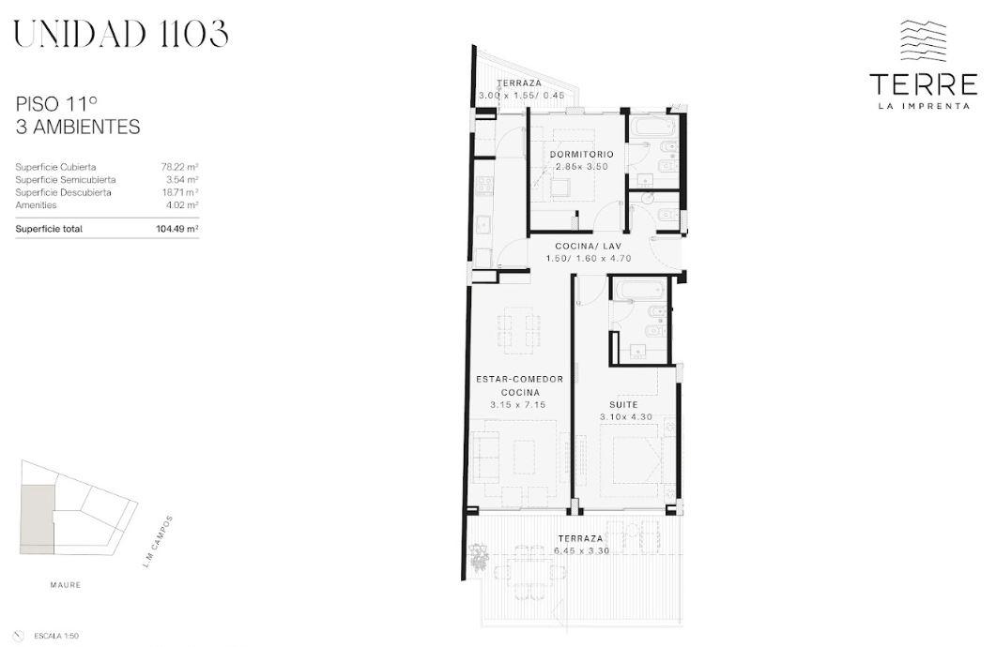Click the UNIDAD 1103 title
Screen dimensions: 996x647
[121, 34]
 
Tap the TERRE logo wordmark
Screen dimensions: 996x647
[924, 84]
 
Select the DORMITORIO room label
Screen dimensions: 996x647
[582, 154]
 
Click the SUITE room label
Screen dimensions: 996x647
[623, 404]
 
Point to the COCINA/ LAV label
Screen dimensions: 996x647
[589, 246]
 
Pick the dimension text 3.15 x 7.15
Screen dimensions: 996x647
[517, 405]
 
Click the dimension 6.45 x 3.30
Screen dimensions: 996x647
[581, 550]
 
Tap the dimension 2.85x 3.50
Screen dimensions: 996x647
[582, 167]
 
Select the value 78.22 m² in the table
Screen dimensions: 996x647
[179, 167]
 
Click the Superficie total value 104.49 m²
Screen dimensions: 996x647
[177, 229]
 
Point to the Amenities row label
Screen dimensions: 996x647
[36, 204]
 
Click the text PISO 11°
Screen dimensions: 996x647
[56, 103]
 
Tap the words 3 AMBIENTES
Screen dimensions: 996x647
[78, 127]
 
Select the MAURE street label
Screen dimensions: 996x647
[66, 585]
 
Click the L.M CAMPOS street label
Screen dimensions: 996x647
[158, 541]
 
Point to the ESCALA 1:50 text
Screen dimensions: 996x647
[56, 636]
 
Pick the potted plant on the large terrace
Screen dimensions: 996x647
[478, 556]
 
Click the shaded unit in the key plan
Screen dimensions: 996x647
[38, 517]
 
